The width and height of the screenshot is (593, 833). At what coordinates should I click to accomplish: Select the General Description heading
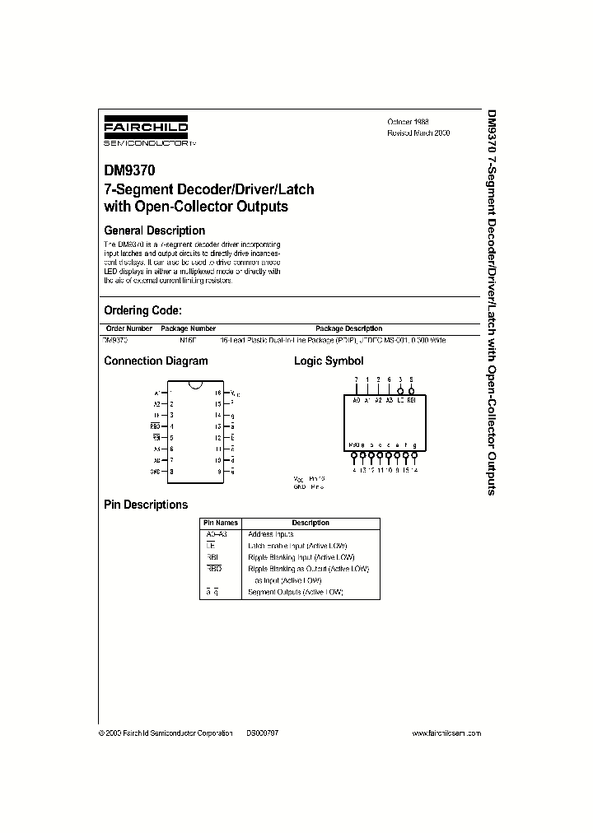coord(154,230)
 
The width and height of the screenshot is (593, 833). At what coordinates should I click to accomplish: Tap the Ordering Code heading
coord(142,310)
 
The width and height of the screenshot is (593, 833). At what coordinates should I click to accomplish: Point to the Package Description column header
coord(348,328)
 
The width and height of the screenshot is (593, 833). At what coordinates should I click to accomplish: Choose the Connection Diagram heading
coord(156,361)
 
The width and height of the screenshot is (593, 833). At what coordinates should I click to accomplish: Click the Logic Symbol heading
coord(329,361)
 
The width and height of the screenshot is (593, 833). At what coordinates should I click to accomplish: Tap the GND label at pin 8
coord(154,472)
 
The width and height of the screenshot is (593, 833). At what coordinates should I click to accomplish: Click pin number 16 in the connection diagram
coord(217,393)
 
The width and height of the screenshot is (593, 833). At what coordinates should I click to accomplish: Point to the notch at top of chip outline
coord(194,384)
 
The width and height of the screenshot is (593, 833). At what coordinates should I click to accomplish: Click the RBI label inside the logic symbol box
coord(412,399)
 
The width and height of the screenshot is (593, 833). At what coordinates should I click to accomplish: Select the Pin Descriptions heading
coord(146,505)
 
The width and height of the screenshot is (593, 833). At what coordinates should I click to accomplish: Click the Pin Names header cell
coord(221,523)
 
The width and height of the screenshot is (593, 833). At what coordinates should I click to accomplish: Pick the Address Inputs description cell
coord(270,534)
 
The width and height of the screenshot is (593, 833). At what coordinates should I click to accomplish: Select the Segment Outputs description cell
coord(295,592)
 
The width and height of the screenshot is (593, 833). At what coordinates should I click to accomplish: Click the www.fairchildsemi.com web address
coord(446,733)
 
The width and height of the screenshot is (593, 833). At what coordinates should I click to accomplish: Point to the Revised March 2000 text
coord(418,133)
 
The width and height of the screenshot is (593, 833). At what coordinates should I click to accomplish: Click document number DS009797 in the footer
coord(262,733)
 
